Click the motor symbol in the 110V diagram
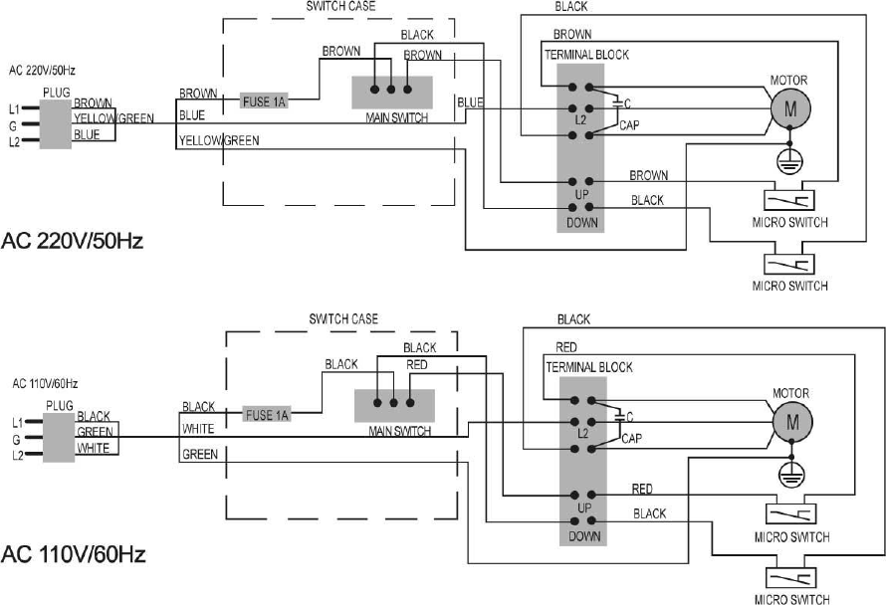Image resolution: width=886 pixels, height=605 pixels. tap(793, 422)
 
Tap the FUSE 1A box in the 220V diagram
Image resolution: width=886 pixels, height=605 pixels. tap(264, 101)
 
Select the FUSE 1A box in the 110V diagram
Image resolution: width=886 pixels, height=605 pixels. tap(268, 415)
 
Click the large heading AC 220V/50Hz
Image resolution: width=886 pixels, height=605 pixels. tap(74, 242)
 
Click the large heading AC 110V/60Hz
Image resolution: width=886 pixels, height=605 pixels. tap(74, 554)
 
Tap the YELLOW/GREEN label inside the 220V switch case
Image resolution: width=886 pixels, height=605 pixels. tap(219, 141)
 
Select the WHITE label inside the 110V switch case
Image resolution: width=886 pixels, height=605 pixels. tap(197, 430)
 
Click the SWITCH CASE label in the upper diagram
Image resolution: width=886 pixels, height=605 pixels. tap(339, 6)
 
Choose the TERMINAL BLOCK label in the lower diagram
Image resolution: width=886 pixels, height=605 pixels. tap(588, 367)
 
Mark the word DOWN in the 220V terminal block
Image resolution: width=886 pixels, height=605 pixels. tap(582, 222)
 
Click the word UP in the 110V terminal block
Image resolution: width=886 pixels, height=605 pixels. tap(584, 508)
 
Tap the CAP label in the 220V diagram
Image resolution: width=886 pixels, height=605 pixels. tap(629, 125)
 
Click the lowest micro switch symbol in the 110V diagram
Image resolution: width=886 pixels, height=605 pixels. tap(790, 579)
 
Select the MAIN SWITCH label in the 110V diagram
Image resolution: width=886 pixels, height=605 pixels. tap(399, 432)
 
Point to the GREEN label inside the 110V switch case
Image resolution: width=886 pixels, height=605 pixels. tap(200, 454)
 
